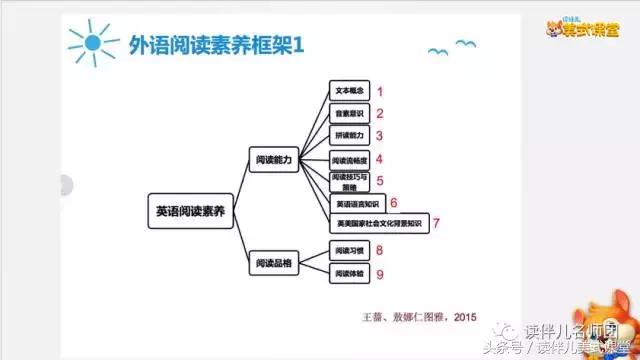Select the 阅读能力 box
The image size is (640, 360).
(x=273, y=157)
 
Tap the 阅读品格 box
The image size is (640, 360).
(x=273, y=261)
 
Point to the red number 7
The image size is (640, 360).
(x=436, y=223)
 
